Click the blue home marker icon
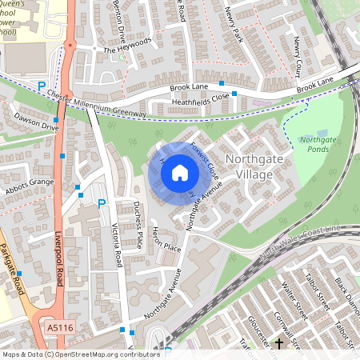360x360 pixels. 180,172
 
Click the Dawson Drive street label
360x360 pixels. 36,122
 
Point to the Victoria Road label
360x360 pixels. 118,245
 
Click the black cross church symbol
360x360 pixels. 279,344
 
